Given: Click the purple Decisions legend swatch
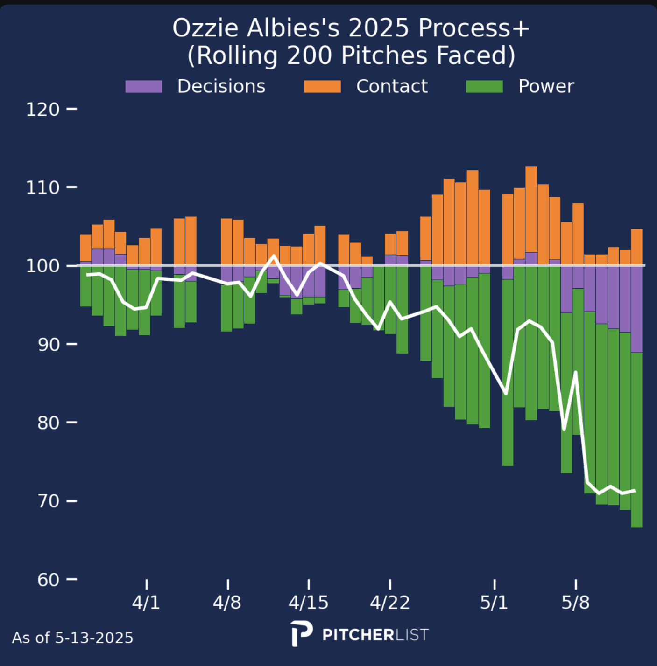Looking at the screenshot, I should tap(144, 87).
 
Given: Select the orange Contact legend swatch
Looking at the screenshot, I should tap(322, 87).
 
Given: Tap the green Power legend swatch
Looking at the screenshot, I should tap(484, 87).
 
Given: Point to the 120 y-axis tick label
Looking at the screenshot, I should tap(43, 110).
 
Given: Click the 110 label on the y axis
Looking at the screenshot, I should tap(43, 188).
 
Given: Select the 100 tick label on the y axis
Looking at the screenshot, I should tap(43, 266).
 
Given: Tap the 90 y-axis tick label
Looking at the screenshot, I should tap(49, 345).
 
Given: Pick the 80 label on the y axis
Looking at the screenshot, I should tap(49, 423).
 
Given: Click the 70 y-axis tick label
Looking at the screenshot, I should tap(49, 501).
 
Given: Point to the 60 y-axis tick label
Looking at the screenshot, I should tap(49, 580).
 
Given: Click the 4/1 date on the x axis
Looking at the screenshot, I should tap(146, 603).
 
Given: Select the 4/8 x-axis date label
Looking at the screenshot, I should tap(227, 603).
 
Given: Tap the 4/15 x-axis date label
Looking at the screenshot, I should tap(308, 603).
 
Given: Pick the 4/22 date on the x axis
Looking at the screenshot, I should tap(390, 603).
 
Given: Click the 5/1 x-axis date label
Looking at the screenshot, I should tap(494, 603).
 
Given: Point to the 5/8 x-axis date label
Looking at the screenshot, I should tap(575, 603).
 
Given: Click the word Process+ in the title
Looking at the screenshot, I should tap(473, 29).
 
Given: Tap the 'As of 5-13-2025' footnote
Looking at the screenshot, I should tap(73, 638).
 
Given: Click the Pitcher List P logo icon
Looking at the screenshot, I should tap(301, 633).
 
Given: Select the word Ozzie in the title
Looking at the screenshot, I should tap(206, 29).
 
